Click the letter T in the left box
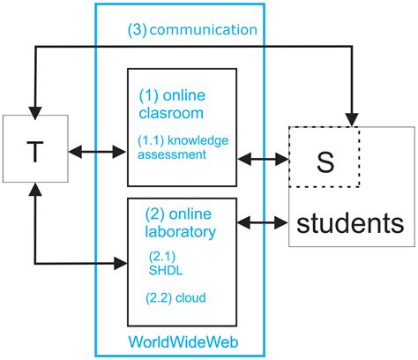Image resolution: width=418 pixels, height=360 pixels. pos(34,153)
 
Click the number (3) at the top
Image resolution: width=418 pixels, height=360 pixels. pos(138,30)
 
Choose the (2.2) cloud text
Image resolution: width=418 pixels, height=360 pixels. pos(176,298)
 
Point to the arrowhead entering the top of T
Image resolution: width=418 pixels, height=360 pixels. pos(34,109)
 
